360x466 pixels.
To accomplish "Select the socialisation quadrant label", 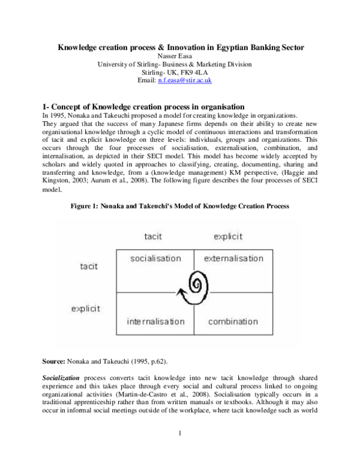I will click(x=155, y=258).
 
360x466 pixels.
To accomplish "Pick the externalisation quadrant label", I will click(x=233, y=258).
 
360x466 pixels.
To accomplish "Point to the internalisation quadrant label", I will click(x=155, y=322).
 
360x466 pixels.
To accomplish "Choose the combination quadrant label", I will click(x=233, y=322).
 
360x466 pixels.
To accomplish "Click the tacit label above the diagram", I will click(x=153, y=237).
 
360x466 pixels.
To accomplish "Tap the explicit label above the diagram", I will click(x=228, y=237).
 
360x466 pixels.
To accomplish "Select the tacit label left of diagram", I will click(x=89, y=266).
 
